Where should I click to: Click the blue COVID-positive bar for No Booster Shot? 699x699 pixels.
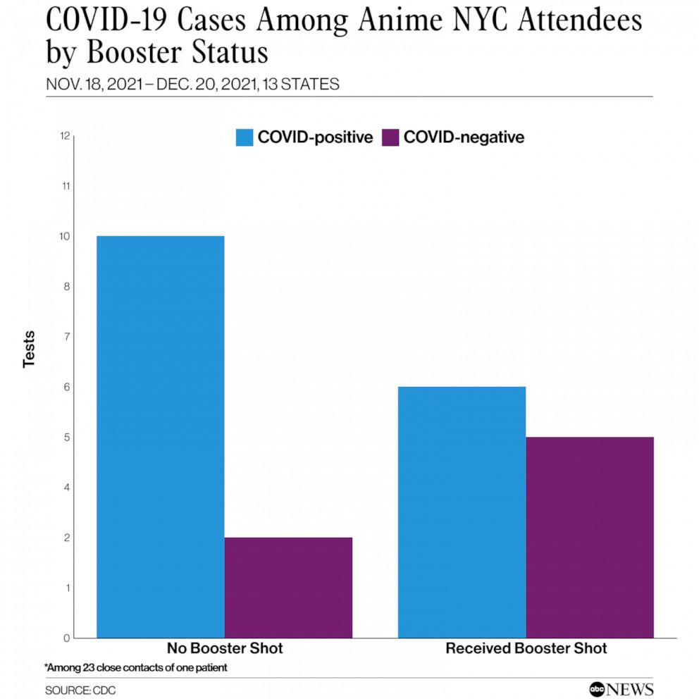[160, 437]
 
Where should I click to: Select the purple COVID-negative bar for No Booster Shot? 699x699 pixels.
[288, 588]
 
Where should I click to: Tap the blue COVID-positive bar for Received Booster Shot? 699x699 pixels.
[462, 512]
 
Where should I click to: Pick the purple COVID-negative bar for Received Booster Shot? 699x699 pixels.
[590, 537]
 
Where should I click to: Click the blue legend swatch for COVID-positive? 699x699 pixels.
[244, 137]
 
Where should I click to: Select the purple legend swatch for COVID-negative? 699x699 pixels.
[390, 137]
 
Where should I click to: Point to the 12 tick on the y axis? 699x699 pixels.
[65, 136]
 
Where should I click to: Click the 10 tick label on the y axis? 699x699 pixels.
[65, 236]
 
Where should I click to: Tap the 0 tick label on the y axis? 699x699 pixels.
[66, 638]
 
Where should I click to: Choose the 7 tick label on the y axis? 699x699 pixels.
[66, 337]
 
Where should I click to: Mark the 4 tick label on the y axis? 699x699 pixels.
[66, 488]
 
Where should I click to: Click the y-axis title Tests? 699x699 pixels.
[29, 349]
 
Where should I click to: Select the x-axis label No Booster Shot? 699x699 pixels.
[224, 648]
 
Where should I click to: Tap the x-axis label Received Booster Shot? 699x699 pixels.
[526, 648]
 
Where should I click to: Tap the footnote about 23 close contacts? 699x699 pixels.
[136, 667]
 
